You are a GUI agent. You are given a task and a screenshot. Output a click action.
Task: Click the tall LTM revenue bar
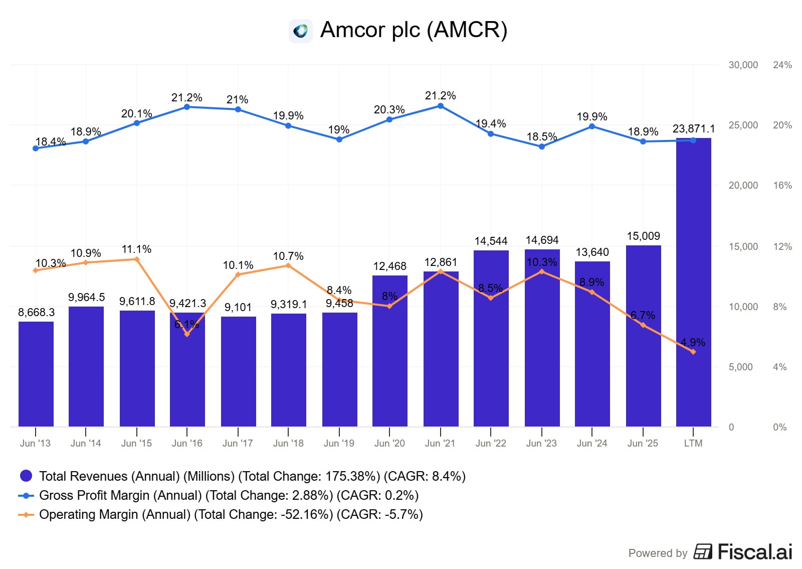tap(693, 281)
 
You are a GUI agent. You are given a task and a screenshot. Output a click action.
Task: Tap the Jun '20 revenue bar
tap(389, 351)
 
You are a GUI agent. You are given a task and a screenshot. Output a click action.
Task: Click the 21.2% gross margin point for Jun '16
tap(187, 107)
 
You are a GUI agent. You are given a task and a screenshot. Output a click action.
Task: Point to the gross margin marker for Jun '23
tap(542, 147)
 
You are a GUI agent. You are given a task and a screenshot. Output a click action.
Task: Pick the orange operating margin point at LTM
tap(693, 352)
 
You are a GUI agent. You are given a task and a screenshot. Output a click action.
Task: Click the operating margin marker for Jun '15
tap(137, 259)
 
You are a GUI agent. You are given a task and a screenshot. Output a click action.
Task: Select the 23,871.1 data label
tap(693, 129)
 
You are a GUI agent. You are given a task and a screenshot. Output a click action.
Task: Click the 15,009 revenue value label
tap(643, 236)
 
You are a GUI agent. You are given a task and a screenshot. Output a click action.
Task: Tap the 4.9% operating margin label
tap(693, 342)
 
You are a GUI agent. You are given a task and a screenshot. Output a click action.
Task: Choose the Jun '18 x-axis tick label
tap(288, 443)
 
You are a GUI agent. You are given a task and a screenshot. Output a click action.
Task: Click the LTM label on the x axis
tap(693, 443)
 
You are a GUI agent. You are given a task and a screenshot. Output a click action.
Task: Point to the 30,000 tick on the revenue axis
tap(743, 65)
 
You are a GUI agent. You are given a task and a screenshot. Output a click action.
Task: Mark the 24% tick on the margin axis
tap(782, 65)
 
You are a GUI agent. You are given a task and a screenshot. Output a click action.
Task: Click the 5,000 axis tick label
tap(740, 367)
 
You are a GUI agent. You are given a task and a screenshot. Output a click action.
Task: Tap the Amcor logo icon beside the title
tap(301, 31)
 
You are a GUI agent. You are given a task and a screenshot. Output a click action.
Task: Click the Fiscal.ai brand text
tap(754, 552)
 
